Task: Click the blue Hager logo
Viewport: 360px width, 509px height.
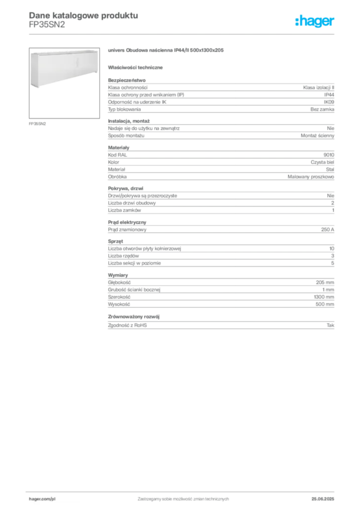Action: click(x=316, y=21)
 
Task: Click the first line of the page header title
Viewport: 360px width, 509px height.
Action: click(x=83, y=14)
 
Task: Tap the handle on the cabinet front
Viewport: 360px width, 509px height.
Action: click(x=77, y=62)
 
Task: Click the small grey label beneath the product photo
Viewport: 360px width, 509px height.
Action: click(x=38, y=123)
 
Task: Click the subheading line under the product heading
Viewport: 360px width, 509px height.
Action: click(x=137, y=67)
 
